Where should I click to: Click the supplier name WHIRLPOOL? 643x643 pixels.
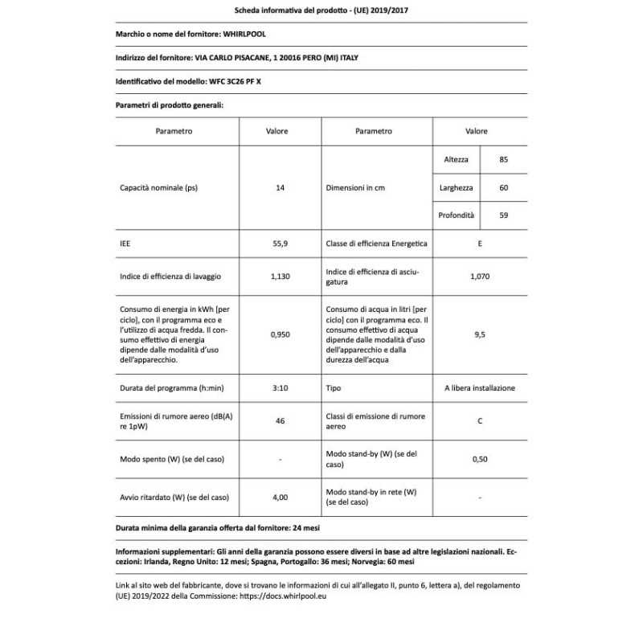[244, 34]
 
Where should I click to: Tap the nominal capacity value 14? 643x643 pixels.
[280, 188]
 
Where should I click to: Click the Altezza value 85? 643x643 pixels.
[504, 160]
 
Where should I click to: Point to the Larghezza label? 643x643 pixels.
[456, 188]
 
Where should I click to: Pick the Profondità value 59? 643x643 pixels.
[504, 215]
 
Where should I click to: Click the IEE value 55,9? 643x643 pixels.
[280, 243]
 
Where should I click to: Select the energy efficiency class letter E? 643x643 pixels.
[480, 243]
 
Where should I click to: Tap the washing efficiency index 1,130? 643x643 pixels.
[280, 276]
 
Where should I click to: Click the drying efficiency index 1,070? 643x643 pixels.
[480, 276]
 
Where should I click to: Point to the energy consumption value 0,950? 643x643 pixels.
[280, 334]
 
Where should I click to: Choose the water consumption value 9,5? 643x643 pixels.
[480, 334]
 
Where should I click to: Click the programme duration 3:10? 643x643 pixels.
[280, 388]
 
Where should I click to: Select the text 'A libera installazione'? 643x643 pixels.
[480, 388]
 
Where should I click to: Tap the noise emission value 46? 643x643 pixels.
[280, 421]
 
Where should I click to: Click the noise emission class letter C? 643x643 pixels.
[480, 421]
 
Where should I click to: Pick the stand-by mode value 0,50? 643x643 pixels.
[480, 459]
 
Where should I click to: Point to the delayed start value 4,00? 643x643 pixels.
[280, 497]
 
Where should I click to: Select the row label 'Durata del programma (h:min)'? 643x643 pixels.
[170, 388]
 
